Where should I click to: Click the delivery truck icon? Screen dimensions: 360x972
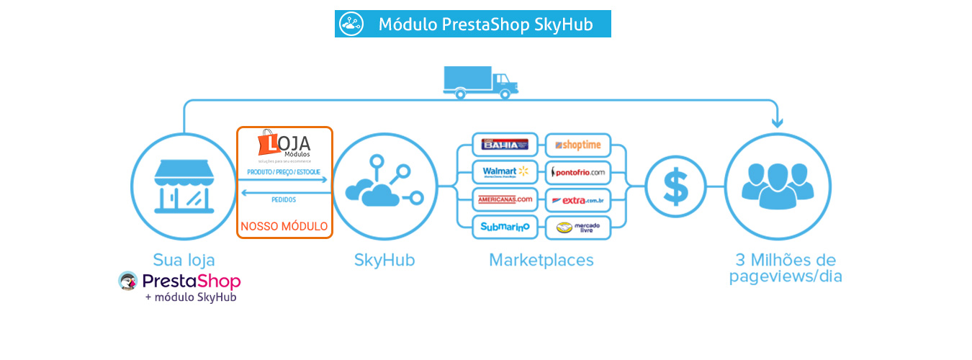point(480,81)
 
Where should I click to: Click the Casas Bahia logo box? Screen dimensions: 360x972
point(505,145)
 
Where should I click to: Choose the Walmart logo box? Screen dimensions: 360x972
point(505,172)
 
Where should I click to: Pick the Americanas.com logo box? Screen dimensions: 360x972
point(505,199)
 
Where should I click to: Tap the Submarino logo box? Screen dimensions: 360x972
point(505,227)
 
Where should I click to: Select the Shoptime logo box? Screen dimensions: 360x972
point(578,145)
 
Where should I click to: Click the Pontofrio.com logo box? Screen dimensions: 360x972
point(578,172)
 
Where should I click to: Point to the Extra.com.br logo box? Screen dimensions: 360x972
point(578,199)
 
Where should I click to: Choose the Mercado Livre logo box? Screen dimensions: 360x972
point(578,228)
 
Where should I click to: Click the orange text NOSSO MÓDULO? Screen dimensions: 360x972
point(284,226)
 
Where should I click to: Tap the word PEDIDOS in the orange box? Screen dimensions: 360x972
point(284,199)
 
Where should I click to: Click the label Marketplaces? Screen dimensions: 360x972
point(541,260)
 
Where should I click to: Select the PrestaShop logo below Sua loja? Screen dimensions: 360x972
point(180,281)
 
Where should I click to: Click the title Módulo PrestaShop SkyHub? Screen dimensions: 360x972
point(485,24)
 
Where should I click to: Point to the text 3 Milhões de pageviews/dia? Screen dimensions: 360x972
point(786,268)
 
